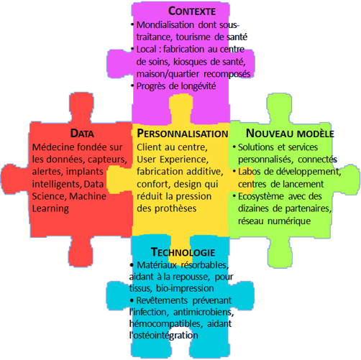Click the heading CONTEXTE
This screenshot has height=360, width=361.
point(192,11)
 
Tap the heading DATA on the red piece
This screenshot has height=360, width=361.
point(82,133)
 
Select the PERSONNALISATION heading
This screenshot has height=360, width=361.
point(183,134)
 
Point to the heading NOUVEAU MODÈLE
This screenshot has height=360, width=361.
point(290,134)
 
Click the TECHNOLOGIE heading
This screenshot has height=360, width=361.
point(183,252)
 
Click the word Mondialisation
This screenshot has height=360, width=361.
point(165,24)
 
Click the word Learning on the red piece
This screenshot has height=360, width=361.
point(50,208)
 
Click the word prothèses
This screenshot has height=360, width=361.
point(175,208)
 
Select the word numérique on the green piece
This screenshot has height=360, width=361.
point(289,221)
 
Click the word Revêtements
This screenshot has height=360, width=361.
point(162,300)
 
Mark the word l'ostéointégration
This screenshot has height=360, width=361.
point(164,336)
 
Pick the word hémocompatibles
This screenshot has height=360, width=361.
point(165,324)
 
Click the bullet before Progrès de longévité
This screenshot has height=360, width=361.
point(132,86)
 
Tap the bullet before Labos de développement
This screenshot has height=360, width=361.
point(234,171)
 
